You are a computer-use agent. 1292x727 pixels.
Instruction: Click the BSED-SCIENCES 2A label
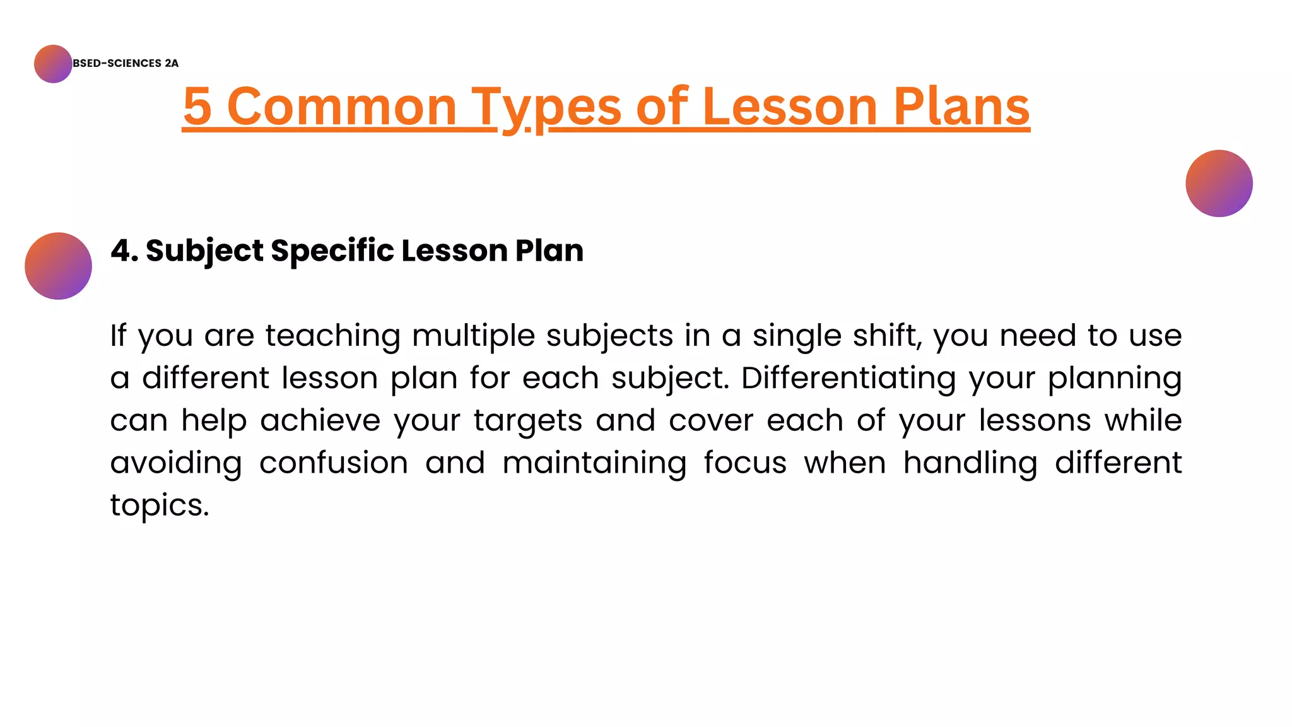(126, 63)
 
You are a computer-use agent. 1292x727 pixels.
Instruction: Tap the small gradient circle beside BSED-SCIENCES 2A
(53, 64)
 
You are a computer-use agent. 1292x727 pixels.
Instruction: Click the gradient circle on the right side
(1219, 184)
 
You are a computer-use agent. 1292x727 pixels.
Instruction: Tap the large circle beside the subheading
(58, 266)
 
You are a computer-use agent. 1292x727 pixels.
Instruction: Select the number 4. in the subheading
(124, 251)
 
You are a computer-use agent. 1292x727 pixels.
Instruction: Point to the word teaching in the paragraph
(332, 335)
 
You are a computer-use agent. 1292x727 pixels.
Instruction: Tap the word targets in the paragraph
(528, 420)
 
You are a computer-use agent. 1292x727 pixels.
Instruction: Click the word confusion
(334, 463)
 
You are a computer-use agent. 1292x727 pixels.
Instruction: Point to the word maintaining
(594, 463)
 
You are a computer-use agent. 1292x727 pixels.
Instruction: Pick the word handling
(970, 463)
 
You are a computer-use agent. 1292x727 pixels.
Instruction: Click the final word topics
(159, 505)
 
